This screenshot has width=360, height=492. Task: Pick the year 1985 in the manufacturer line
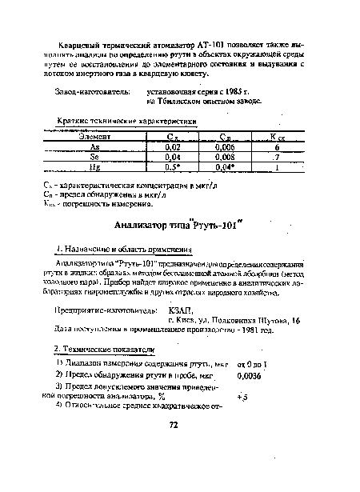pos(216,91)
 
